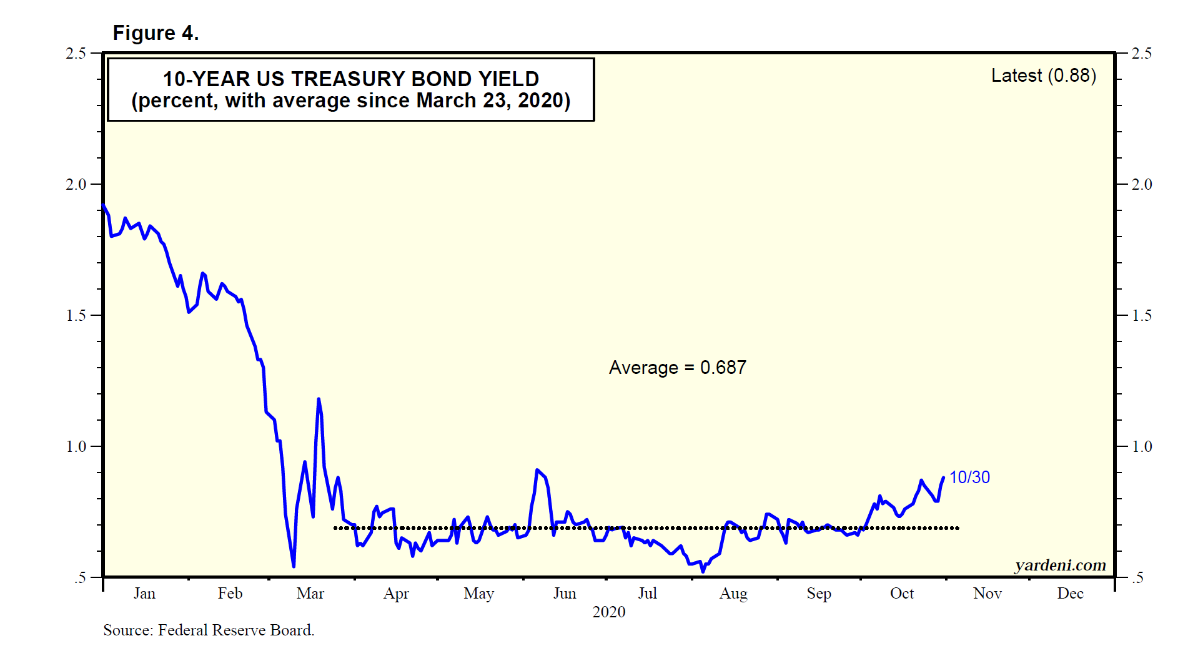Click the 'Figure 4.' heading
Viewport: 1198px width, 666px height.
pyautogui.click(x=156, y=33)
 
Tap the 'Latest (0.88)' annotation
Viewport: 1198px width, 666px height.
pyautogui.click(x=1043, y=76)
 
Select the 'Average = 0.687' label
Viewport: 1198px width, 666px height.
pyautogui.click(x=677, y=368)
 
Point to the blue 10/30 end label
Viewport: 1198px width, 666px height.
pyautogui.click(x=969, y=477)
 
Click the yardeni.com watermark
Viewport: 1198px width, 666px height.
pyautogui.click(x=1060, y=565)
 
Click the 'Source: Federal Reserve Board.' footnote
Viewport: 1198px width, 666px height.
pyautogui.click(x=209, y=630)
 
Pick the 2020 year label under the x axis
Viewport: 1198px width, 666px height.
pyautogui.click(x=608, y=612)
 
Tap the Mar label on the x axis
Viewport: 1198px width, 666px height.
pyautogui.click(x=310, y=594)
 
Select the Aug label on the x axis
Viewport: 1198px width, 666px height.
pyautogui.click(x=733, y=594)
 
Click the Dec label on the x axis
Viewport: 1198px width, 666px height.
pyautogui.click(x=1069, y=594)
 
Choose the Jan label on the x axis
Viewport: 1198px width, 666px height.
pyautogui.click(x=144, y=594)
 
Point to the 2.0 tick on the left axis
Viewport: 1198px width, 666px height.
pyautogui.click(x=76, y=185)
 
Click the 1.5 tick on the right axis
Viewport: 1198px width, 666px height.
pyautogui.click(x=1142, y=316)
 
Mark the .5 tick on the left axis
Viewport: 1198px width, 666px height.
pyautogui.click(x=80, y=578)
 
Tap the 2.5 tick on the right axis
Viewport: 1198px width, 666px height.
pyautogui.click(x=1142, y=54)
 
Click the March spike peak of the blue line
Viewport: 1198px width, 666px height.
pyautogui.click(x=319, y=399)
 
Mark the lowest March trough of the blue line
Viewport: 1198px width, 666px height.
pyautogui.click(x=294, y=566)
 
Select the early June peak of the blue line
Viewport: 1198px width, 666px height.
pyautogui.click(x=537, y=469)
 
